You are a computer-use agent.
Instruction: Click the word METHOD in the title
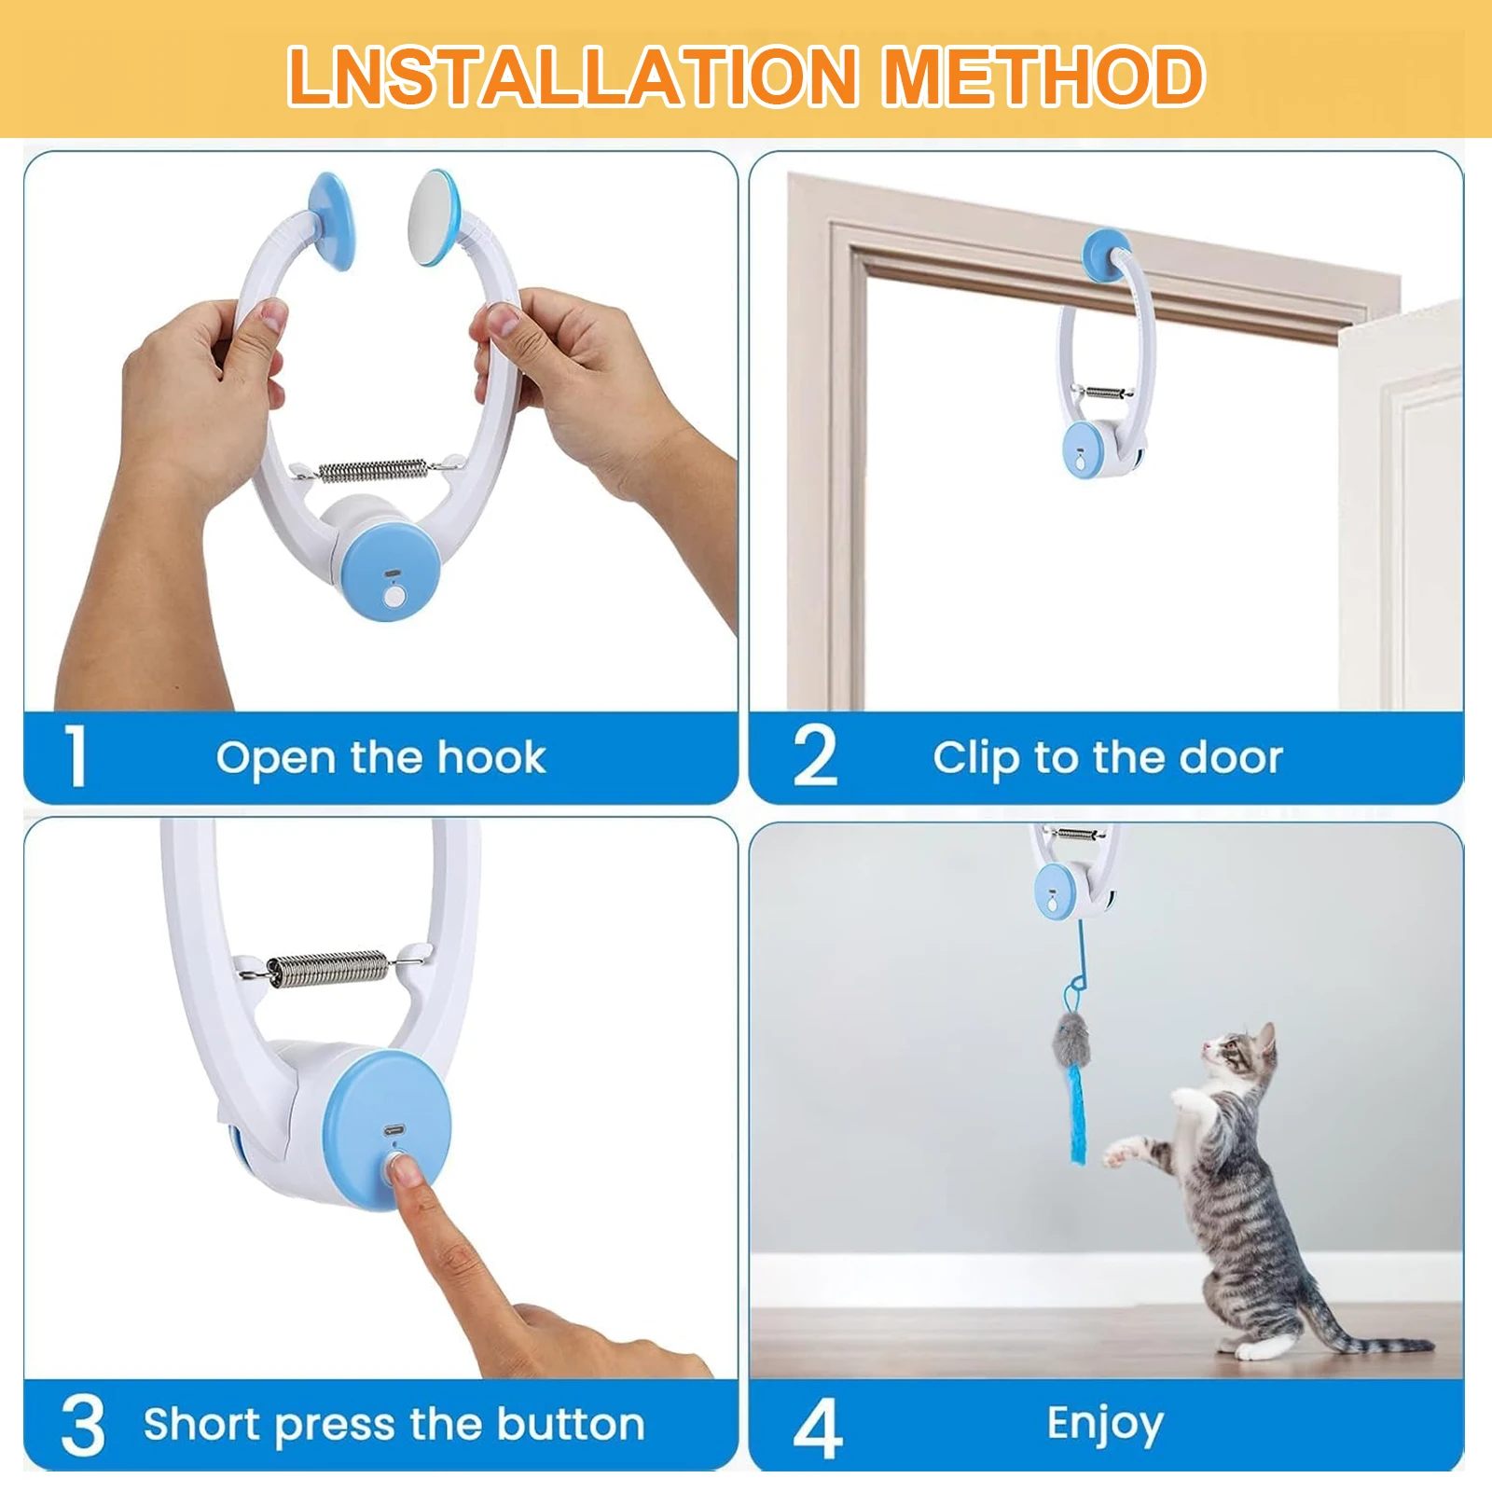[1043, 76]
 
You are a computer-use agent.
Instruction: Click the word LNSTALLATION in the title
[572, 76]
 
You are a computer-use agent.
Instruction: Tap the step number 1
[76, 756]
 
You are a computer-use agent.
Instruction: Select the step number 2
[814, 756]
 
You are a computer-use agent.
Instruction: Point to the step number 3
[82, 1425]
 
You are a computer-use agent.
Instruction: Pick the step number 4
[817, 1427]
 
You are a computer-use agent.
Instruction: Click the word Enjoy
[1105, 1425]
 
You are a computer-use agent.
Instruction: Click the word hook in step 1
[491, 757]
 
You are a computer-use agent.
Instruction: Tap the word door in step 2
[1231, 757]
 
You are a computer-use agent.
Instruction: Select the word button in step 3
[570, 1425]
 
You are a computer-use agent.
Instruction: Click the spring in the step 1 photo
[373, 470]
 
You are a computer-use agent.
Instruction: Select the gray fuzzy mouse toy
[1071, 1041]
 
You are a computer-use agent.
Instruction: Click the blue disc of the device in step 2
[1081, 450]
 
